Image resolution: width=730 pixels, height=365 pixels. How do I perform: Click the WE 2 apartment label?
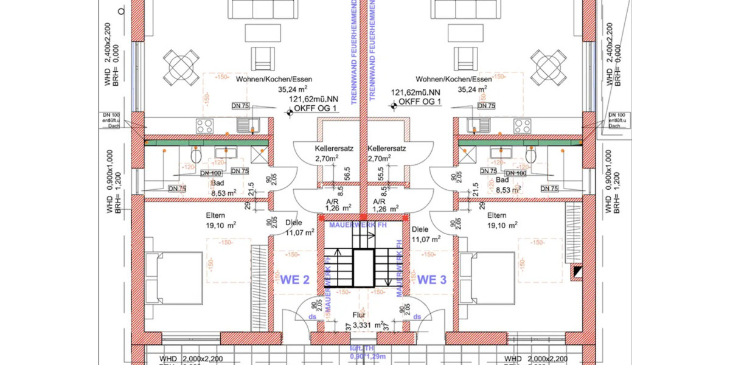click(295, 280)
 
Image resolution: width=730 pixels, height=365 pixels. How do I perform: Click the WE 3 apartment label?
click(432, 280)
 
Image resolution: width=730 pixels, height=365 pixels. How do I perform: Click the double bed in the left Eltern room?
click(181, 279)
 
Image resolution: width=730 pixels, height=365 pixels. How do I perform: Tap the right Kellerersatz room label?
click(386, 148)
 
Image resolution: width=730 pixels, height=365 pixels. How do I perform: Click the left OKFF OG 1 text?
click(316, 110)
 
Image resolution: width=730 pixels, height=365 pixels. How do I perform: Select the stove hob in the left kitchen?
click(204, 125)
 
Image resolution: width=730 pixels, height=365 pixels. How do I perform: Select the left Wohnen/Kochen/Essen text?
click(282, 79)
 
